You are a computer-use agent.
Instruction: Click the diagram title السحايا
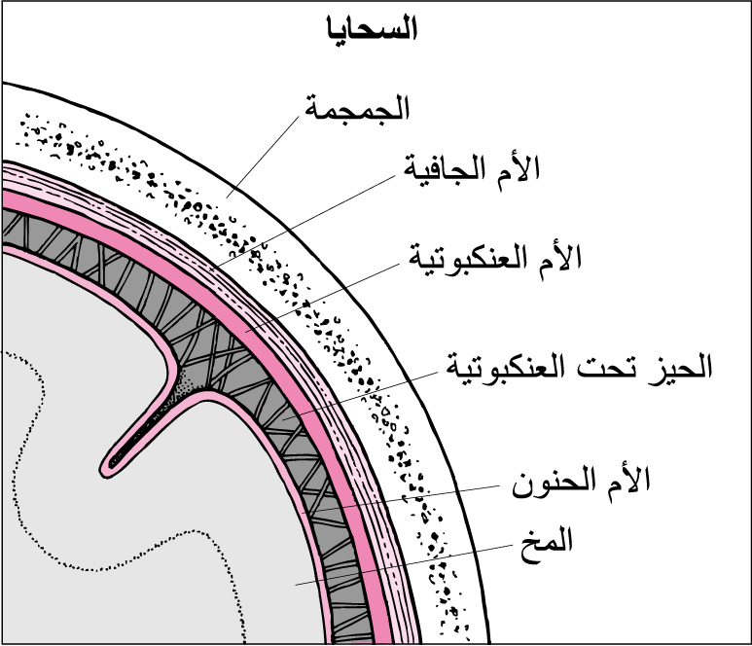coord(373,28)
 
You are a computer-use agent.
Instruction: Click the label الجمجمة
coord(357,108)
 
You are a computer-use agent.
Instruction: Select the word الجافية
coord(445,170)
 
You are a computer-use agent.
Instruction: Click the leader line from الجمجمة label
coord(263,157)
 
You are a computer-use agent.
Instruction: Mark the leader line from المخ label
coord(405,565)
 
